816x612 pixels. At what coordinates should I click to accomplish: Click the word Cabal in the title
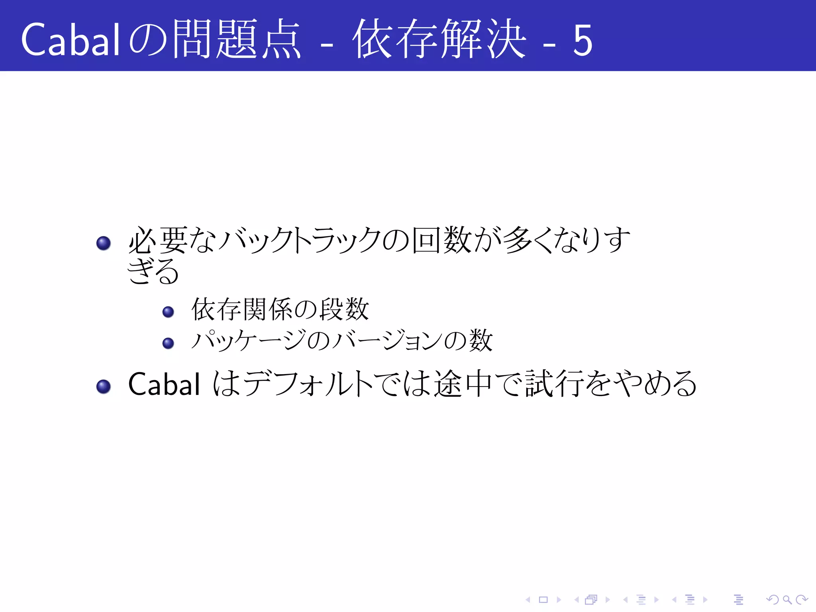pos(71,39)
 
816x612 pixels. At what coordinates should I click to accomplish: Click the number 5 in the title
pos(583,40)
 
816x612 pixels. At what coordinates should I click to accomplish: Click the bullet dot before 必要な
pos(104,243)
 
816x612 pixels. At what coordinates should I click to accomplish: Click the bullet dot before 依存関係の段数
pos(168,312)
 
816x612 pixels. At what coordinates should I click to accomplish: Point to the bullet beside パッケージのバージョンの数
pos(168,343)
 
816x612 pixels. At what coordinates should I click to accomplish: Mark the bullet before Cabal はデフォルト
pos(104,386)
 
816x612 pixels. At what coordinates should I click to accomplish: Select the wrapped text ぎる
pos(153,271)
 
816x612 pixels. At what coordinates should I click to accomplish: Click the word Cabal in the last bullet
pos(164,384)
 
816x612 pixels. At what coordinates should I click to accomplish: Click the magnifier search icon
pos(787,599)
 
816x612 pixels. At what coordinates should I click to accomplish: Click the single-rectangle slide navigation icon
pos(543,599)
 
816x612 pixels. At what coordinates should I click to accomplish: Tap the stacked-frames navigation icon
pos(591,599)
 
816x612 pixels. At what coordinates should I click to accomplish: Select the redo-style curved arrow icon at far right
pos(802,599)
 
